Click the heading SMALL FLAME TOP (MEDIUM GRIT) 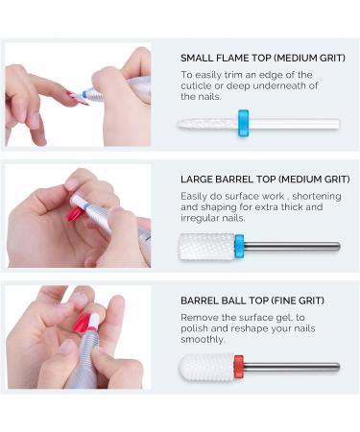pos(263,58)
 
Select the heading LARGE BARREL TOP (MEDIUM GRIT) pos(265,180)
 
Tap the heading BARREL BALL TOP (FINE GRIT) pos(252,300)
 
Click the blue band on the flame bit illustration pos(243,123)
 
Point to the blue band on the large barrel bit pos(239,247)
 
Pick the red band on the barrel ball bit pos(239,367)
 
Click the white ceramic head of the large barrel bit pos(206,247)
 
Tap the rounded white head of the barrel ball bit pos(206,368)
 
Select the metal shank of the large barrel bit pos(292,246)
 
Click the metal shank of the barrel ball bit pos(292,367)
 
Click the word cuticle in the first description pos(195,85)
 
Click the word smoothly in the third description pos(203,340)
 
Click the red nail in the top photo pos(78,98)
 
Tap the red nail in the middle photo pos(74,213)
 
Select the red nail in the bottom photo pos(82,323)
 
